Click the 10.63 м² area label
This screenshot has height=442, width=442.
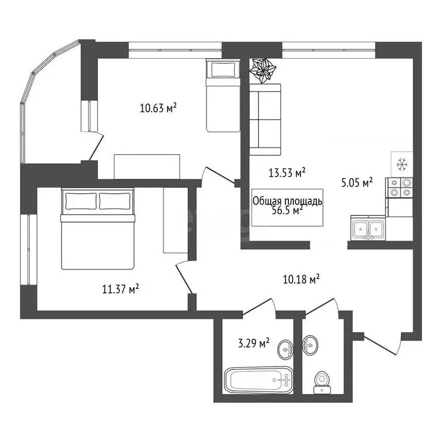[158, 108]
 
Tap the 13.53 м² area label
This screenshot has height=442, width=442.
[287, 172]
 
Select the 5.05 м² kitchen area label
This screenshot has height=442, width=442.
[357, 182]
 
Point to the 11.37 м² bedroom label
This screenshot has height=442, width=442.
[121, 289]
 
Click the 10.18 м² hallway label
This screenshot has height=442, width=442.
[301, 279]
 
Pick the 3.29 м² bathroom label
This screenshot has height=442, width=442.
[254, 343]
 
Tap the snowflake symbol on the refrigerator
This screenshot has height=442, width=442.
[402, 164]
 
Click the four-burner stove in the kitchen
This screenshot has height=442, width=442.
[399, 188]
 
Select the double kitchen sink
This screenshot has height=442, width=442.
[368, 228]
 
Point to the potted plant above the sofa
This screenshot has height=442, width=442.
[263, 71]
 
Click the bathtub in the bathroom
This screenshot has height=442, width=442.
[258, 380]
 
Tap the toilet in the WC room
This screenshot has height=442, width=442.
[322, 382]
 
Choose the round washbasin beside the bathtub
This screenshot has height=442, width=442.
[285, 350]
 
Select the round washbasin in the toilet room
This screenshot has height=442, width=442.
[310, 345]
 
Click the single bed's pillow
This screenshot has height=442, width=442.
[223, 70]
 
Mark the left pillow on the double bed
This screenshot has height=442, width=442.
[81, 201]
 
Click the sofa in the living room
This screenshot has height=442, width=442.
[265, 120]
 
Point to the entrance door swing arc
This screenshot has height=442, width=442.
[398, 344]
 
